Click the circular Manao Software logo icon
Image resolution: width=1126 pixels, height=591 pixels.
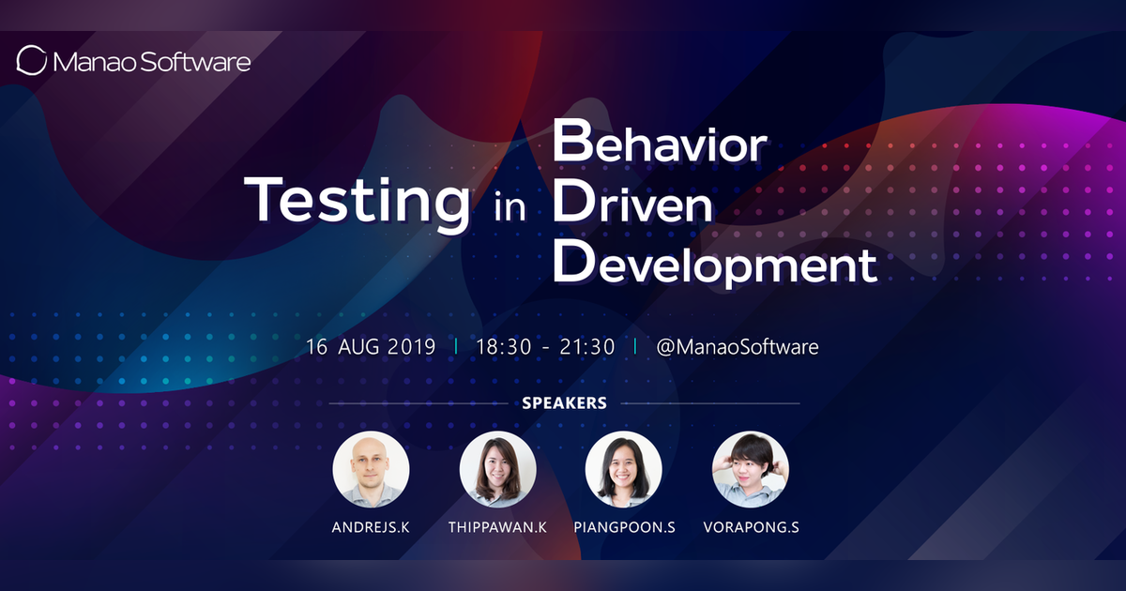(32, 61)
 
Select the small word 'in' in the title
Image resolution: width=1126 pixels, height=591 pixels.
(511, 207)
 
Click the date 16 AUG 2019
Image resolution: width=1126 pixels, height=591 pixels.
(371, 346)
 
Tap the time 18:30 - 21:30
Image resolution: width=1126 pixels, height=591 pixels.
(545, 346)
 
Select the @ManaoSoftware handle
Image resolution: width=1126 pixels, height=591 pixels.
(738, 346)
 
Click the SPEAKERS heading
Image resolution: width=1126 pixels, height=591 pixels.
(564, 403)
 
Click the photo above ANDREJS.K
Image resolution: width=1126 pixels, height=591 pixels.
(372, 469)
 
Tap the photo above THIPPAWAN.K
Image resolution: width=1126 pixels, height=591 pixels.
(498, 469)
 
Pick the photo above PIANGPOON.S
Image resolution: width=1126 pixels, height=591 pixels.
(624, 469)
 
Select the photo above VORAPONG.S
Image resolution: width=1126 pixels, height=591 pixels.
(751, 469)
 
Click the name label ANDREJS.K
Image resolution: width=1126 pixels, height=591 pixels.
(372, 527)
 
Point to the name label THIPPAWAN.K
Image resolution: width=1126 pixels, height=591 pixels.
(498, 527)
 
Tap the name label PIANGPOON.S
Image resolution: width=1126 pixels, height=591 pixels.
(624, 527)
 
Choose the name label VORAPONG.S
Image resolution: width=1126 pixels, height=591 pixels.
(751, 527)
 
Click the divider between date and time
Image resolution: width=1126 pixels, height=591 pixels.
(456, 346)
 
